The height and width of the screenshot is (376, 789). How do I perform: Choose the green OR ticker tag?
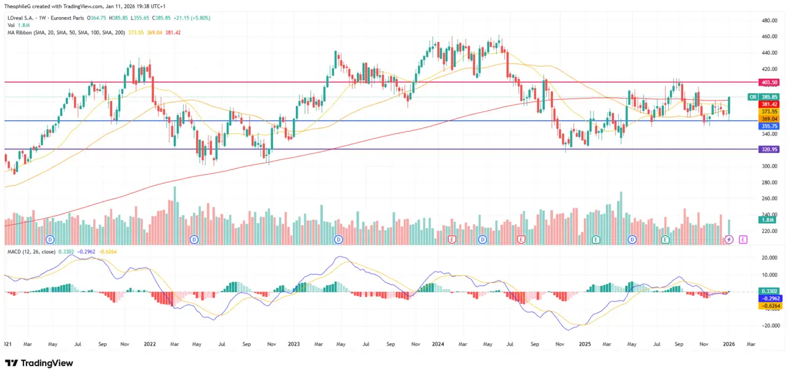tap(753, 97)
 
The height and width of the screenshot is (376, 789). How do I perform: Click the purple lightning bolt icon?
tap(729, 239)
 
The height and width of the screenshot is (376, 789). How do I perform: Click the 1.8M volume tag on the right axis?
tap(768, 220)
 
